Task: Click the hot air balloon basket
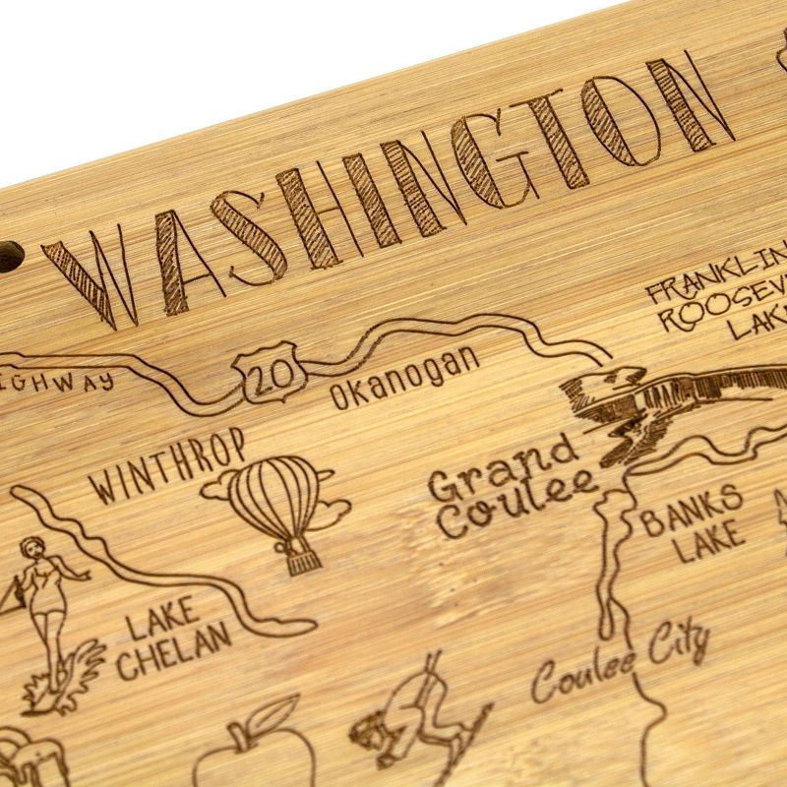298,560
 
